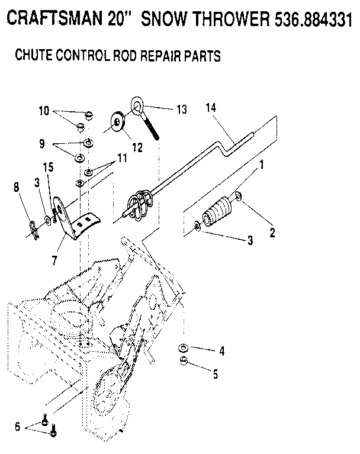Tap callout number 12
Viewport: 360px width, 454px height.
point(137,147)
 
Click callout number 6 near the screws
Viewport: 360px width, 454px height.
point(17,426)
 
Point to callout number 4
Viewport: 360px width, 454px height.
point(221,351)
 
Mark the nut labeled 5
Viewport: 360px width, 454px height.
point(184,362)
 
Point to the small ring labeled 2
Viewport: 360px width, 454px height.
point(238,196)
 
